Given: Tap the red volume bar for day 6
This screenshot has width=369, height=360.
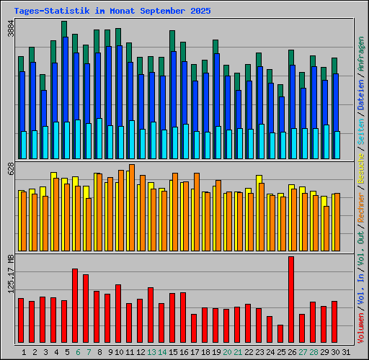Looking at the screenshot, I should click(x=75, y=306).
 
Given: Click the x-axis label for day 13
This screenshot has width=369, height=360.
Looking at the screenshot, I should click(x=151, y=352).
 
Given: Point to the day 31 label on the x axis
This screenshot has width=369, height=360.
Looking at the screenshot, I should click(x=346, y=352).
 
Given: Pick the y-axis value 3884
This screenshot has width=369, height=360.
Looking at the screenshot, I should click(x=10, y=29).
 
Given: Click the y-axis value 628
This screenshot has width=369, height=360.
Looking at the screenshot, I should click(x=10, y=168).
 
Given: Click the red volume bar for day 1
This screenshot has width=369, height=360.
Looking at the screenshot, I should click(x=21, y=320).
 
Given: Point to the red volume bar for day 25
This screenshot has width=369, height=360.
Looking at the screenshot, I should click(x=280, y=334).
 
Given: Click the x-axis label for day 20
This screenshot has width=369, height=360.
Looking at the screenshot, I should click(x=227, y=352).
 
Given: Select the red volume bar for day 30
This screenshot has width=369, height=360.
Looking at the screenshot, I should click(x=334, y=322).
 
